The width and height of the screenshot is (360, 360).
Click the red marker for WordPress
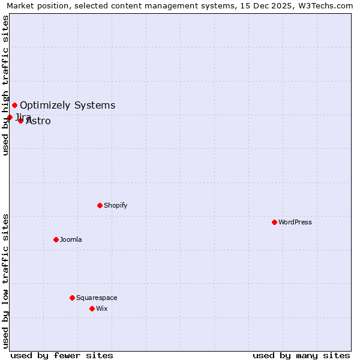pyautogui.click(x=274, y=222)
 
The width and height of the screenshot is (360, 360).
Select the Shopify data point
pyautogui.click(x=100, y=205)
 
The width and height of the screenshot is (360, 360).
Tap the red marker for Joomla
pyautogui.click(x=56, y=239)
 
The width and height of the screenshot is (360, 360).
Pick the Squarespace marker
pyautogui.click(x=72, y=298)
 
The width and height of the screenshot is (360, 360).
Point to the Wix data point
pyautogui.click(x=92, y=308)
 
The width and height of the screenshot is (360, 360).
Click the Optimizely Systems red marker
pyautogui.click(x=14, y=106)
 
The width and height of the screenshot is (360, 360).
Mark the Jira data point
pyautogui.click(x=10, y=117)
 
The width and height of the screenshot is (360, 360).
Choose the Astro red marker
pyautogui.click(x=20, y=121)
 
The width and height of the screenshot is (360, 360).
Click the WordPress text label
pyautogui.click(x=295, y=222)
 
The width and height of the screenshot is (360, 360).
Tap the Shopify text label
pyautogui.click(x=116, y=205)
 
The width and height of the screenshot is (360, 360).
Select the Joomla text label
pyautogui.click(x=71, y=239)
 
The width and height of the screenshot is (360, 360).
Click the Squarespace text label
pyautogui.click(x=97, y=298)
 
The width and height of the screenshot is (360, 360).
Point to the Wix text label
pyautogui.click(x=102, y=308)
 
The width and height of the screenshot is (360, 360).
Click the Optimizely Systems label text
pyautogui.click(x=68, y=106)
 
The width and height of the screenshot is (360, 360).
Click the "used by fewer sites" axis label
pyautogui.click(x=62, y=355)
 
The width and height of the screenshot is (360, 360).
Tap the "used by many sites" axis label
pyautogui.click(x=301, y=355)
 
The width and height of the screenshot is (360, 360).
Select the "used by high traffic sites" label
pyautogui.click(x=5, y=85)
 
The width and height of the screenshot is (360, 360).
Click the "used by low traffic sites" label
pyautogui.click(x=5, y=281)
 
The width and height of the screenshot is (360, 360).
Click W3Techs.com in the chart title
pyautogui.click(x=329, y=6)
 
